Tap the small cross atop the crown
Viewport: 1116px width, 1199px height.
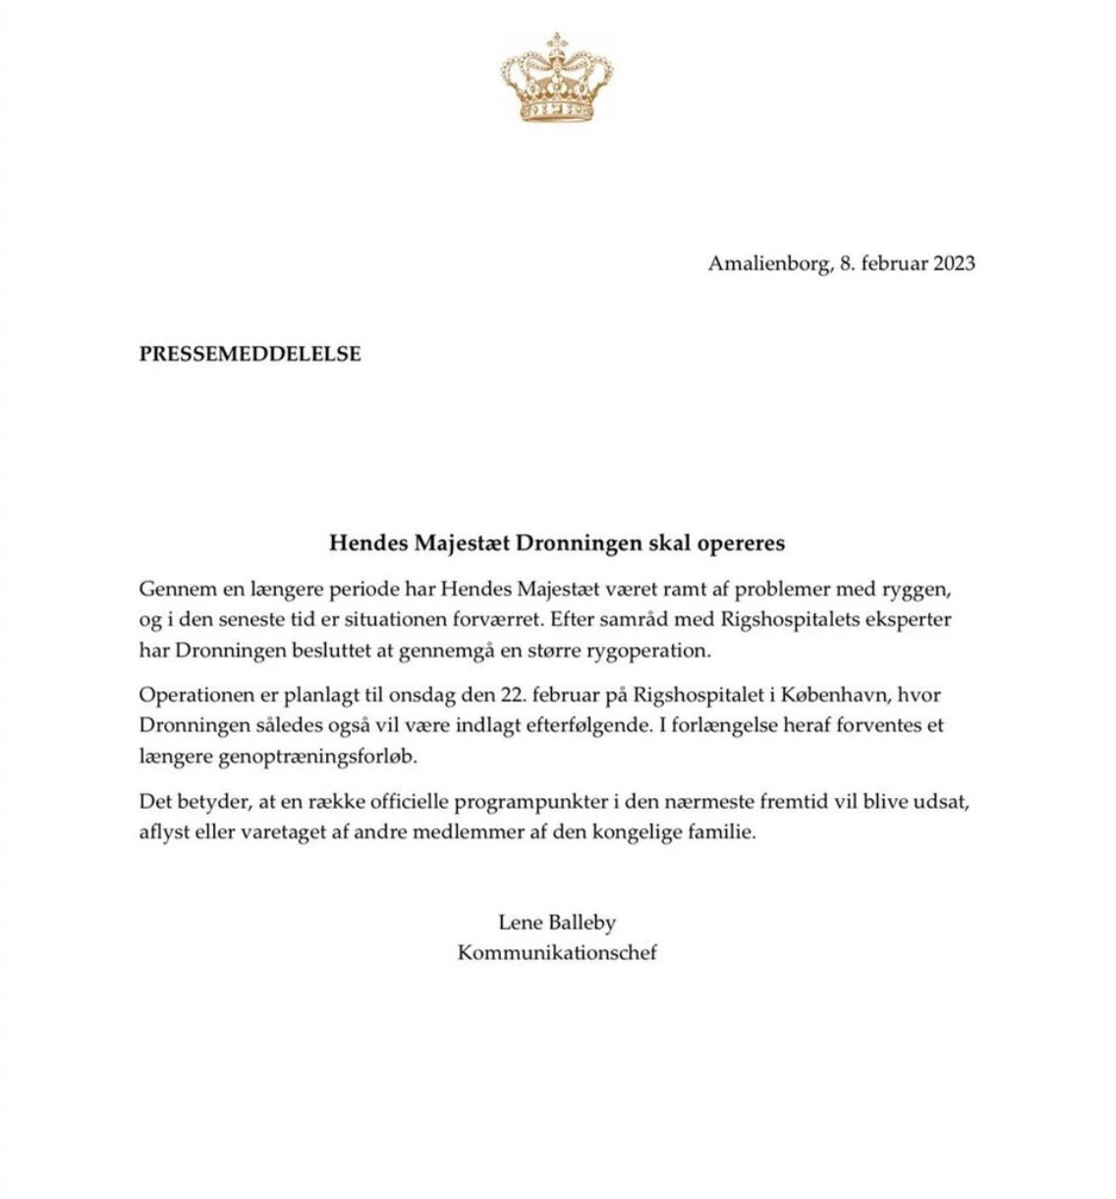coord(557,41)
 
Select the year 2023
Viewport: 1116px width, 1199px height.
coord(954,263)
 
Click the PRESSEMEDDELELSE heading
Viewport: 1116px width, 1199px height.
coord(250,354)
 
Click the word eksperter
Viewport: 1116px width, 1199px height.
coord(904,620)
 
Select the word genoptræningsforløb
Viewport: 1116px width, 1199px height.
coord(278,757)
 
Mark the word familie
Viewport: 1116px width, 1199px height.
coord(723,831)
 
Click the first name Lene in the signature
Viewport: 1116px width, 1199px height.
coord(520,923)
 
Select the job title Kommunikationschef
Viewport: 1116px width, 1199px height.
coord(557,952)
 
